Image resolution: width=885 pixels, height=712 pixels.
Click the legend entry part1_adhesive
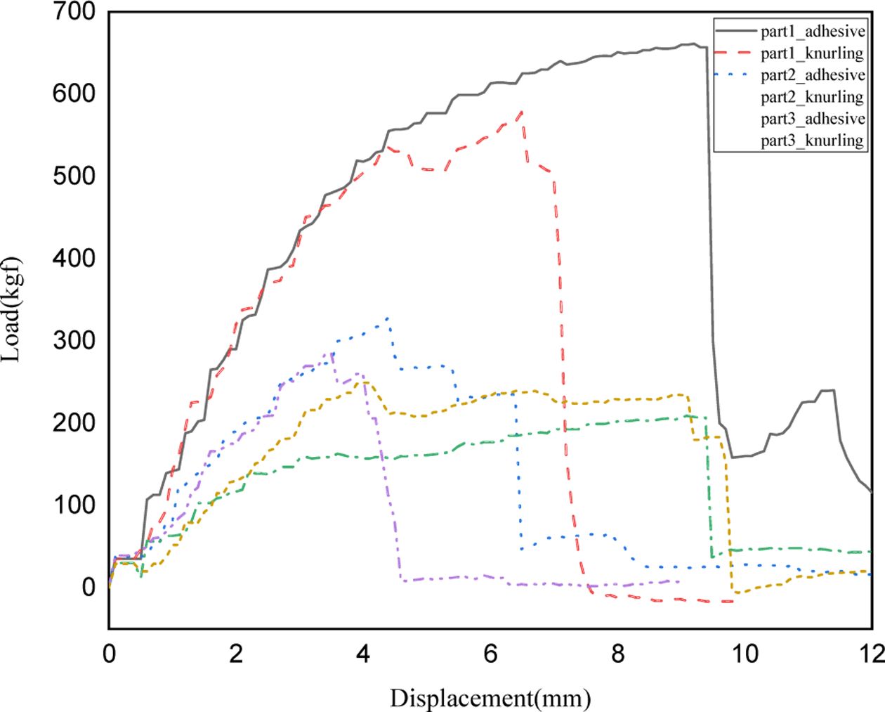tap(813, 32)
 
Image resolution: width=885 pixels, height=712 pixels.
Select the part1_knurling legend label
tap(812, 53)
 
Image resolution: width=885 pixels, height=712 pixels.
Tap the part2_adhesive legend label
tap(813, 75)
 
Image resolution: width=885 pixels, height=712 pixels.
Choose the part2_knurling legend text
tap(812, 97)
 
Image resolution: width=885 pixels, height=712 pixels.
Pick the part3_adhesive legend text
tap(813, 119)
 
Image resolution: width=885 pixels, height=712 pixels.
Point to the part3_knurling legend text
tap(812, 141)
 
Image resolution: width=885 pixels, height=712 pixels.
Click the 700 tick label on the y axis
tap(74, 12)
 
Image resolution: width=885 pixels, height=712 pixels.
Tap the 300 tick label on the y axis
tap(74, 340)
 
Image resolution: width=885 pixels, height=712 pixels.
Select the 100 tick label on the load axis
tap(74, 505)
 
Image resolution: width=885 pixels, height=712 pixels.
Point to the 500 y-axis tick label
tap(74, 176)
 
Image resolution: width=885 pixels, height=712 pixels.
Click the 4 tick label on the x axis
tap(363, 654)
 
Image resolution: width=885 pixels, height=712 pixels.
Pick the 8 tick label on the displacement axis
tap(617, 654)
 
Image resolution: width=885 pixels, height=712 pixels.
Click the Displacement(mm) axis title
tap(490, 699)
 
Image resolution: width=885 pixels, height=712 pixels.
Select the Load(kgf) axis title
tap(12, 310)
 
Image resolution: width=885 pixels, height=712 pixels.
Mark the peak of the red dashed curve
tap(521, 112)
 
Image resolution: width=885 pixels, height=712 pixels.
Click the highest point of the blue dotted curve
tap(387, 318)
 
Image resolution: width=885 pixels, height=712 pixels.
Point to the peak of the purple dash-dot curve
tap(332, 354)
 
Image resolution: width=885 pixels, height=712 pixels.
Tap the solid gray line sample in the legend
tap(735, 32)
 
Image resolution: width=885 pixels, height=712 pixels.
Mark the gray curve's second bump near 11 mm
tap(831, 390)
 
